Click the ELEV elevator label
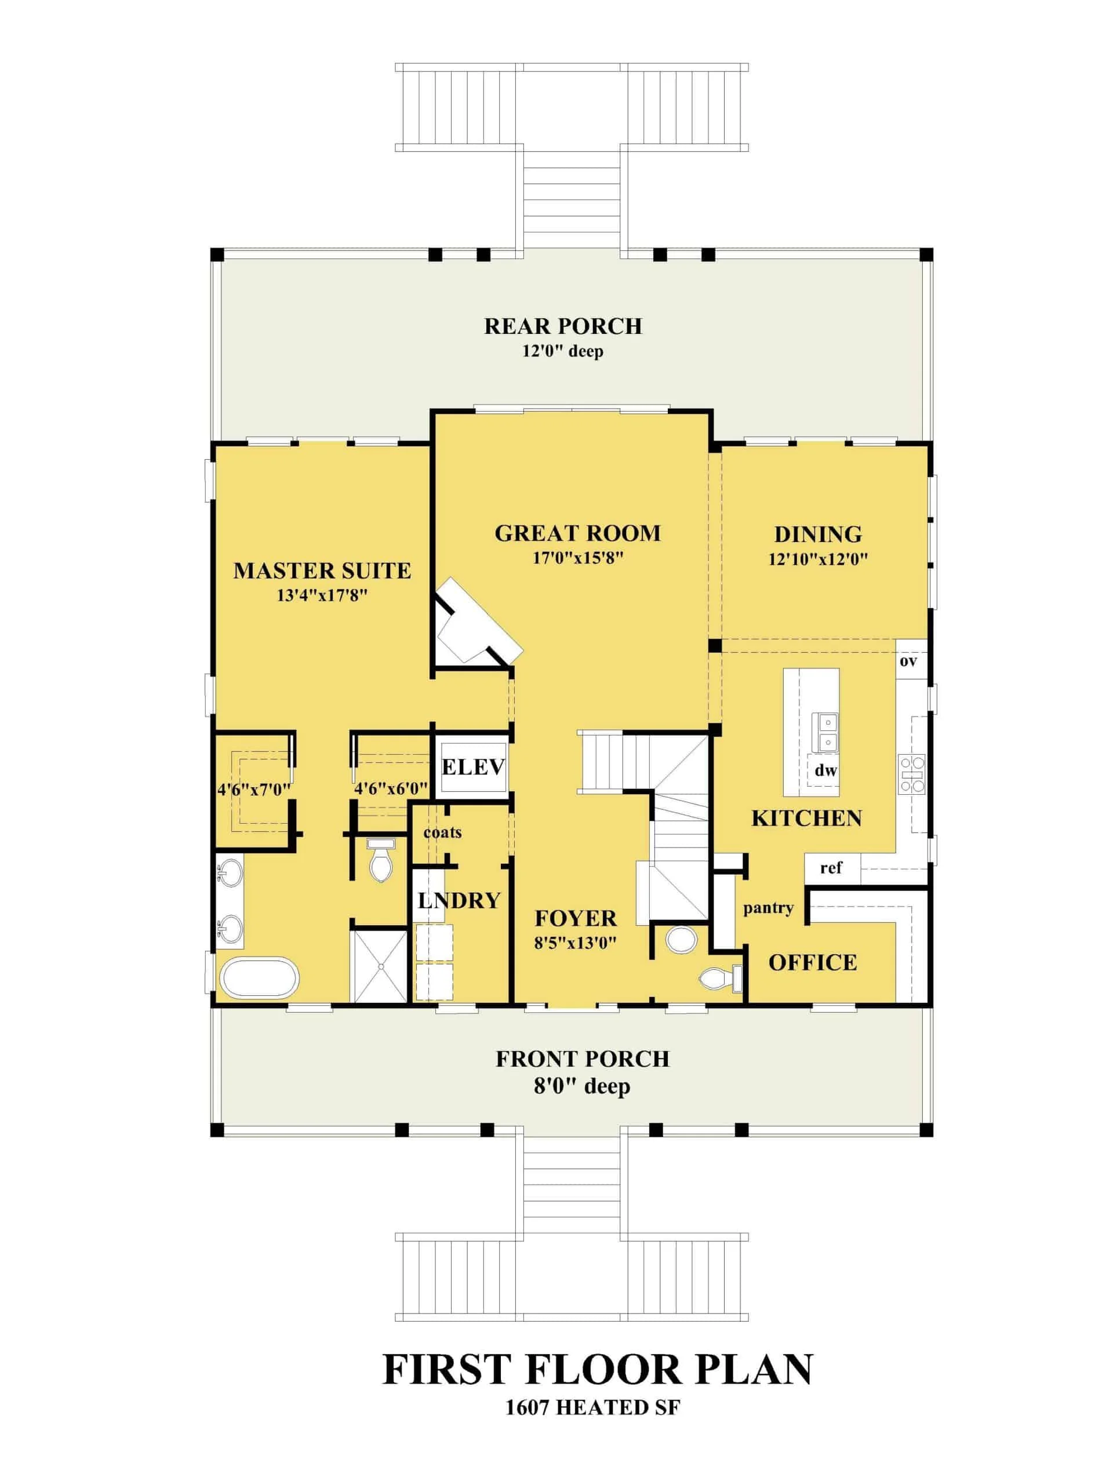[472, 766]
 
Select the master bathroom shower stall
[380, 966]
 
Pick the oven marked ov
[908, 661]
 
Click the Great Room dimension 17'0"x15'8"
[577, 558]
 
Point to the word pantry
[768, 908]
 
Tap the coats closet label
[442, 832]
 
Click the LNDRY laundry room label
[459, 900]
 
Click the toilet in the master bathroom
[380, 862]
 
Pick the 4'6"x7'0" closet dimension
[253, 790]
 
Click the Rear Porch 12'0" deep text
[562, 351]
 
